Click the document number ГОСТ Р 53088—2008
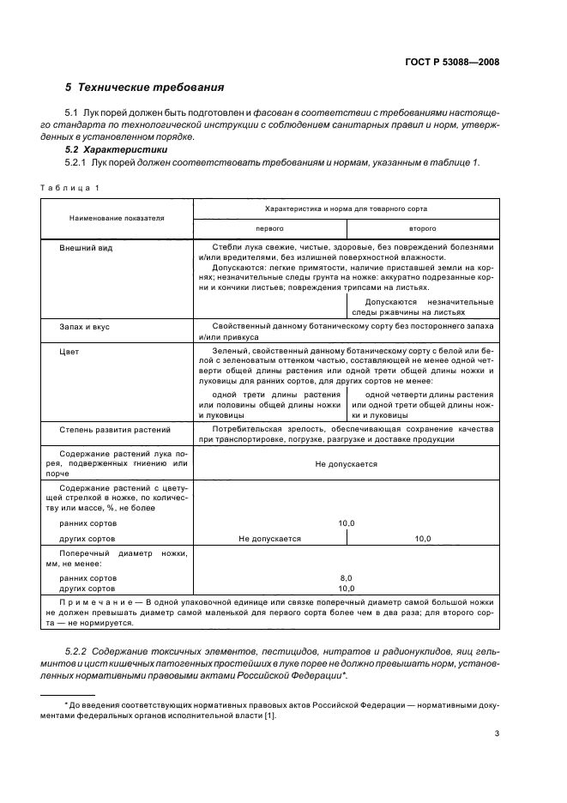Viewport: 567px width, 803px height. click(451, 62)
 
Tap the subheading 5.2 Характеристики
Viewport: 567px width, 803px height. click(114, 149)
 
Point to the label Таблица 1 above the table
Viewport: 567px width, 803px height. click(69, 187)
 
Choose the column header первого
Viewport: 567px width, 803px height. click(270, 229)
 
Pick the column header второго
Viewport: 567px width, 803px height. click(423, 229)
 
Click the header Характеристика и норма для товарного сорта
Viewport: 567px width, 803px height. click(347, 208)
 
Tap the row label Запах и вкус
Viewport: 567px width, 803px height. click(84, 327)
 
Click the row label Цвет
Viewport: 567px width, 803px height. click(69, 351)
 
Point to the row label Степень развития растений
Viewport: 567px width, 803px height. click(115, 429)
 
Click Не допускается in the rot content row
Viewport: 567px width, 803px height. click(347, 463)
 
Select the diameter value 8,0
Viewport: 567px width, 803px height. click(347, 578)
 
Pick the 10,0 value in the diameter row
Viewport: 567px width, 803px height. click(347, 589)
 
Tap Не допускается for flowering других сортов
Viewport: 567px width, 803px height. click(270, 539)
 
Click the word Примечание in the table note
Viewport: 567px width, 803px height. click(82, 604)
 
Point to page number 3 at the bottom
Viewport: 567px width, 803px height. click(497, 733)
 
